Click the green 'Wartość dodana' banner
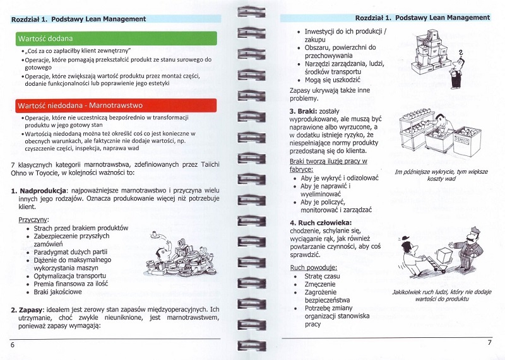(116, 39)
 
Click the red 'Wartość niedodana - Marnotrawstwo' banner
(116, 105)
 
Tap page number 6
(13, 345)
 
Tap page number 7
(490, 342)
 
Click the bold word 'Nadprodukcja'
(43, 191)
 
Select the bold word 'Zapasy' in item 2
(30, 309)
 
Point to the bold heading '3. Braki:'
(303, 112)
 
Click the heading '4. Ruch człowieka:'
(321, 223)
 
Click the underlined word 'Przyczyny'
(33, 220)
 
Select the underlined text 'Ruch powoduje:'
(313, 268)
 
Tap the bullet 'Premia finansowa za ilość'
(71, 284)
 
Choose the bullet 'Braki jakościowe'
(57, 292)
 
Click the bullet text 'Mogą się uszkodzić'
(333, 80)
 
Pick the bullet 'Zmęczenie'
(320, 284)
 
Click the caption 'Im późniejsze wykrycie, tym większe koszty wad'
(441, 175)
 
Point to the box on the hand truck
(445, 256)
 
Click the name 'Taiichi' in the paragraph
(210, 165)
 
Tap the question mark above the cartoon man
(461, 52)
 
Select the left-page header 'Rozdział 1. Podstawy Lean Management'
(78, 19)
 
